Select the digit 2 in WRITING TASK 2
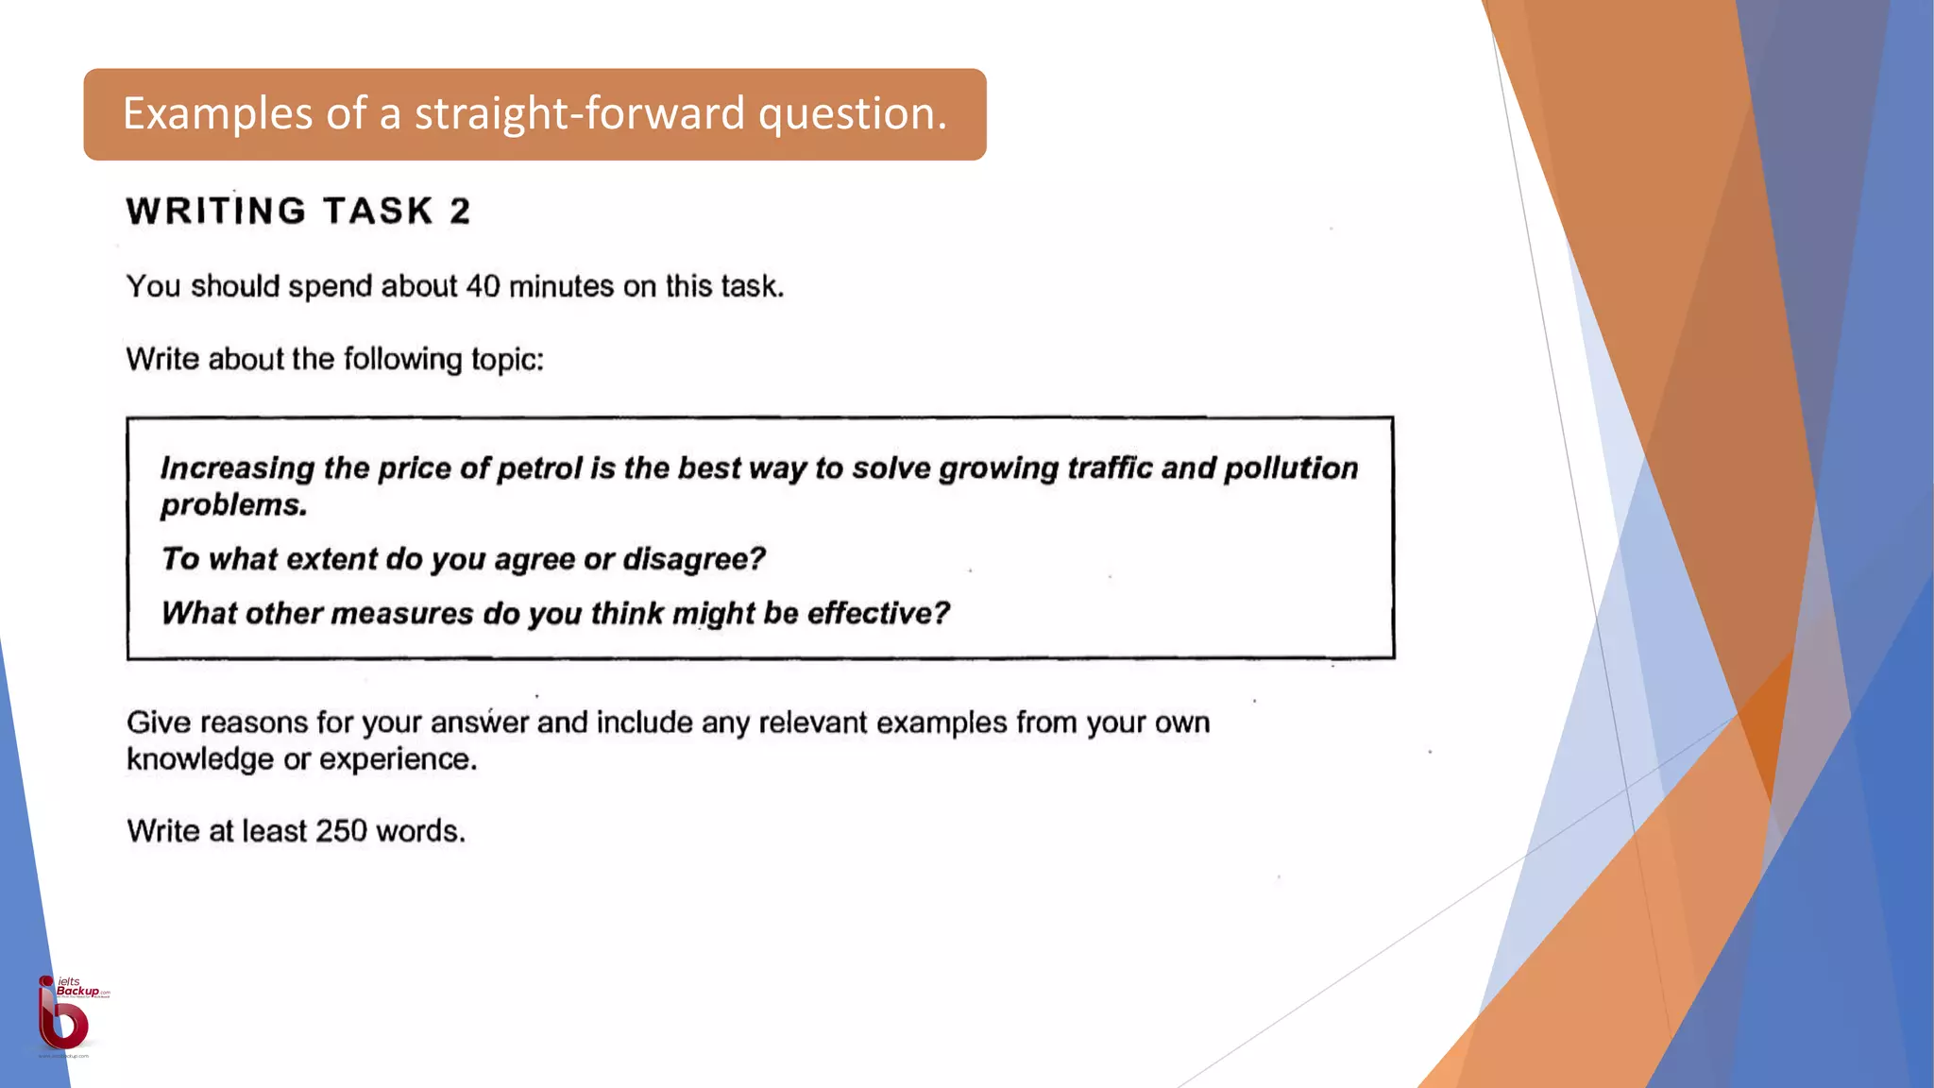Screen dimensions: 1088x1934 [x=460, y=211]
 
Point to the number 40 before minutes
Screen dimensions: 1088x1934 [x=483, y=286]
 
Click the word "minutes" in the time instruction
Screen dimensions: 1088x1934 [x=561, y=286]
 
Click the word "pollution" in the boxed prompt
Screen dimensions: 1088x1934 [x=1291, y=468]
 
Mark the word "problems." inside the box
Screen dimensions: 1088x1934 [x=234, y=505]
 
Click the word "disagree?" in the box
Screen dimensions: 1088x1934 [x=694, y=559]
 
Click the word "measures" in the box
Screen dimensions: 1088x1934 [x=401, y=614]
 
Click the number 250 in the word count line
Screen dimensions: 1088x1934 [x=341, y=831]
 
